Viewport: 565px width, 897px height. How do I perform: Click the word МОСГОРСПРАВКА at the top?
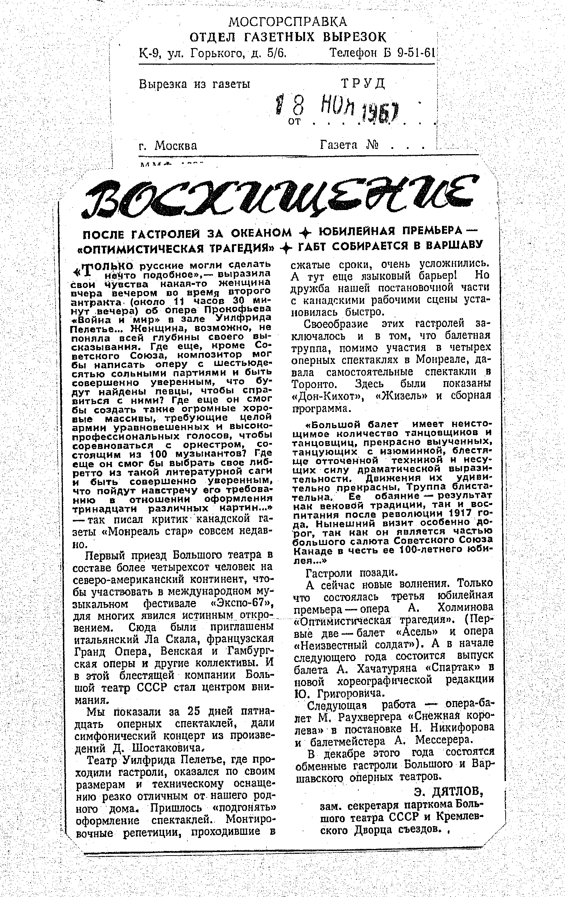287,22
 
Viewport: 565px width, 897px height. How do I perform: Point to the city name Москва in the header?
176,145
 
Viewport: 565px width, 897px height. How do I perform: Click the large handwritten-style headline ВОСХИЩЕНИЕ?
280,197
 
